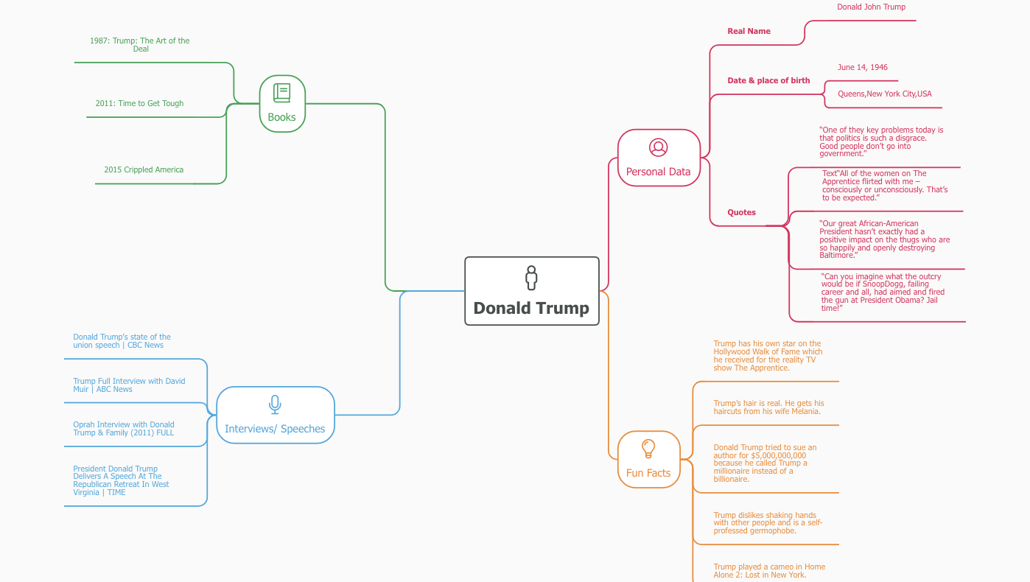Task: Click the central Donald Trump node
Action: (531, 292)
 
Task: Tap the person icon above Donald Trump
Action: (531, 278)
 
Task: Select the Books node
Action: (282, 104)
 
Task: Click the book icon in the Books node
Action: (281, 93)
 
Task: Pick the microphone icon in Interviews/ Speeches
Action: (275, 404)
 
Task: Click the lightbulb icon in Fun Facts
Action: (648, 448)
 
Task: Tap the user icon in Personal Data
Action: (658, 147)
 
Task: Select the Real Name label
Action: (749, 31)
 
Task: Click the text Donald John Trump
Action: (871, 7)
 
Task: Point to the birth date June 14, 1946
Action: (862, 68)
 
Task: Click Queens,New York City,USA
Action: (884, 94)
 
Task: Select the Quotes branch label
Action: (741, 212)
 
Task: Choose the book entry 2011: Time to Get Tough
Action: (139, 104)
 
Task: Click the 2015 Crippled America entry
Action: (144, 170)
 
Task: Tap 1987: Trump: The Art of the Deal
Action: (140, 45)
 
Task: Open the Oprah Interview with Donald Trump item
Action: (124, 429)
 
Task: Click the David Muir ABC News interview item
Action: (129, 385)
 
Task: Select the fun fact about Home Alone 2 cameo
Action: (768, 571)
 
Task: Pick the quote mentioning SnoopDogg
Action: (882, 292)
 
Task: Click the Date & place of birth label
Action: (768, 80)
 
